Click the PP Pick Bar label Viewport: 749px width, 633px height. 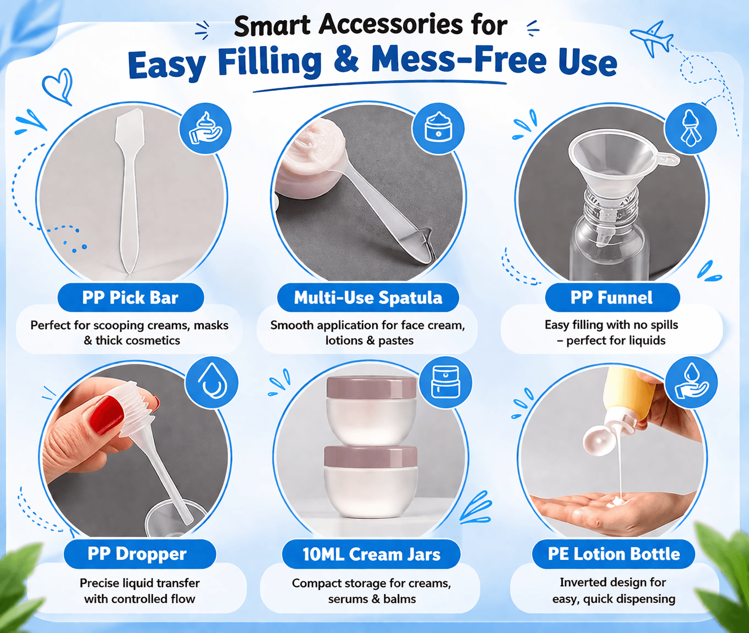point(131,298)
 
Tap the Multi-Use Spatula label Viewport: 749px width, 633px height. point(368,298)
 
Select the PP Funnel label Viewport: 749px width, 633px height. point(612,298)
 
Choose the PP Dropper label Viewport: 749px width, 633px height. point(140,553)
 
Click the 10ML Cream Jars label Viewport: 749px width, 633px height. point(371,554)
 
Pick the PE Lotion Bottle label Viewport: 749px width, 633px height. point(613,553)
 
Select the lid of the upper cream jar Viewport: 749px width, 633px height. point(371,388)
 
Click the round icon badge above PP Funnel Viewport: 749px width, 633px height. point(690,128)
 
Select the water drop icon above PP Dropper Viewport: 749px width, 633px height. point(211,383)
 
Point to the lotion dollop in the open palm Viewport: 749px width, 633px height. point(617,502)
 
